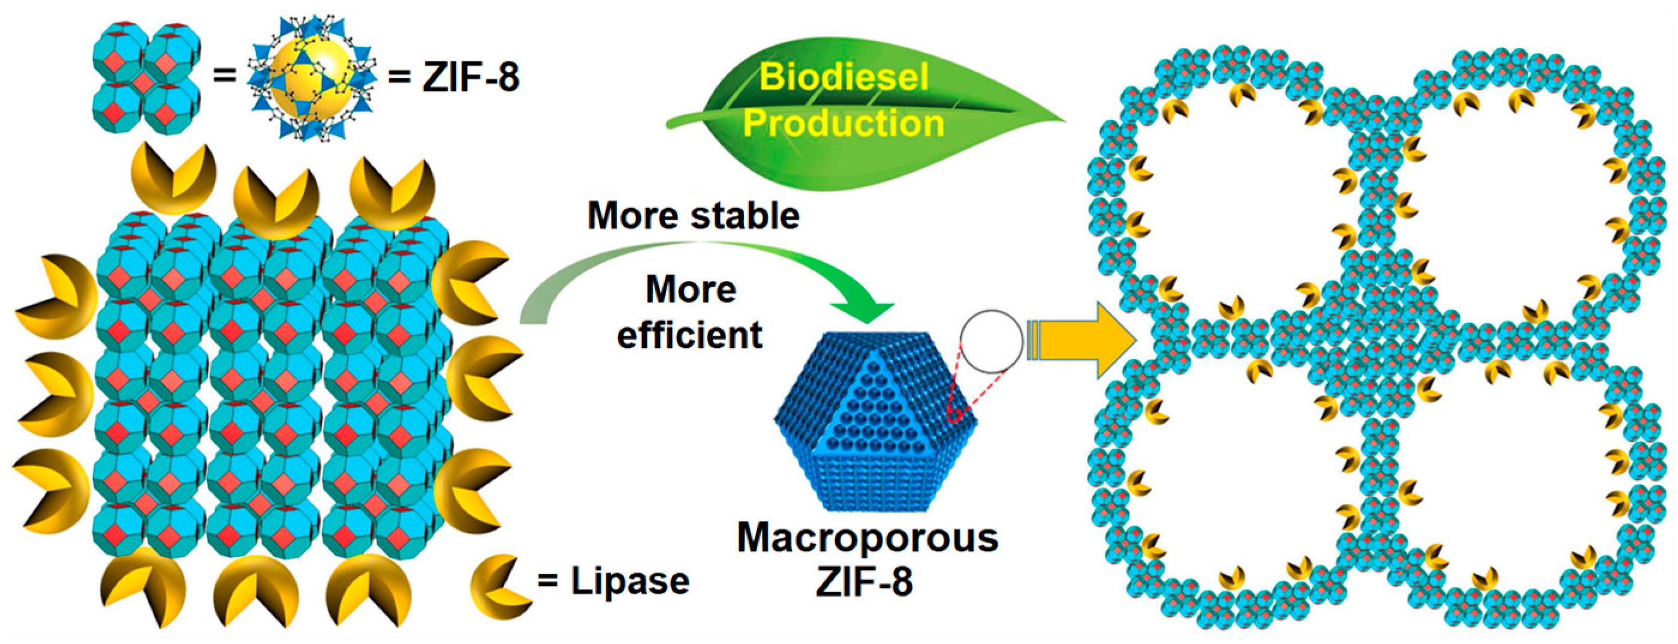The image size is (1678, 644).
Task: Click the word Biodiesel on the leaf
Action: pyautogui.click(x=843, y=77)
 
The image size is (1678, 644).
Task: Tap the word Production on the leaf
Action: pyautogui.click(x=843, y=122)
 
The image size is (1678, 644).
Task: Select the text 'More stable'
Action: pyautogui.click(x=693, y=215)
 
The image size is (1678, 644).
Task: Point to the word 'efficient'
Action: pyautogui.click(x=690, y=335)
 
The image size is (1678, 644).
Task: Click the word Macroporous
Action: pyautogui.click(x=867, y=538)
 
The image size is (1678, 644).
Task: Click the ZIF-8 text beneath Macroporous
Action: pyautogui.click(x=864, y=582)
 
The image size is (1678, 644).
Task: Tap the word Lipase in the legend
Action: pyautogui.click(x=630, y=581)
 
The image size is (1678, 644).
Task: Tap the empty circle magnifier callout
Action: pyautogui.click(x=992, y=341)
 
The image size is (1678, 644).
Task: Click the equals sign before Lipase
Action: pyautogui.click(x=548, y=581)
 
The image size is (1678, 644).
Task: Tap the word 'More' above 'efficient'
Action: pyautogui.click(x=691, y=289)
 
